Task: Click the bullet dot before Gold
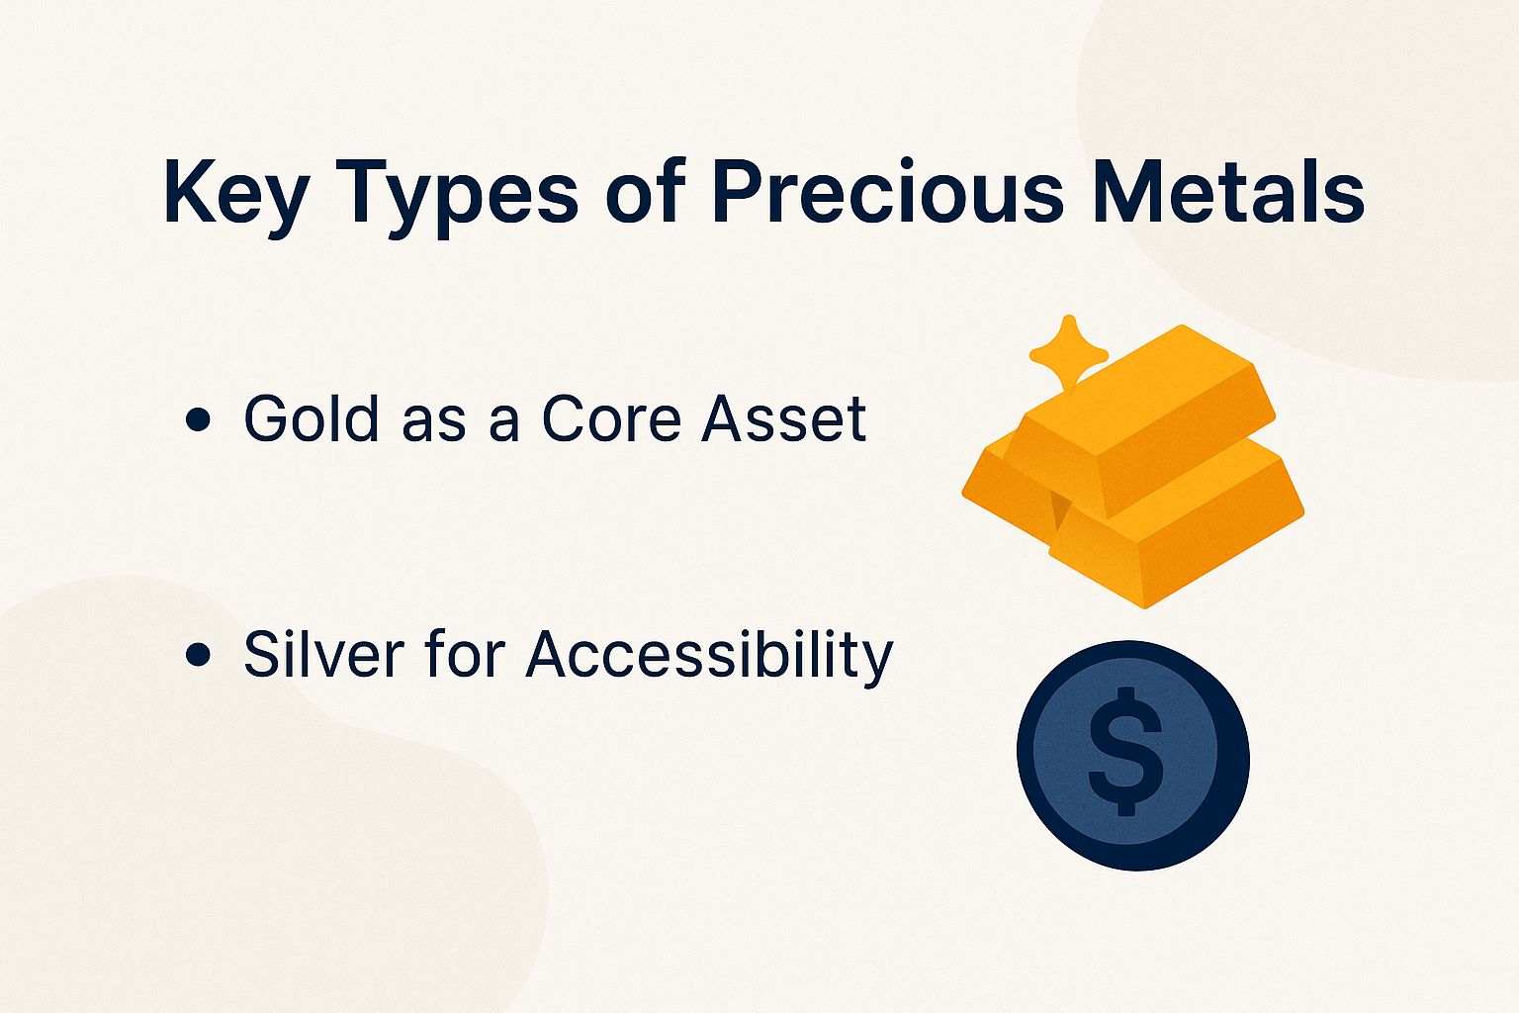click(x=198, y=419)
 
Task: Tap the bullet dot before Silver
click(x=198, y=655)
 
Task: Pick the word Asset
click(x=783, y=418)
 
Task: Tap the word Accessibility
click(x=708, y=656)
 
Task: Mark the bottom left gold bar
click(x=999, y=485)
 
